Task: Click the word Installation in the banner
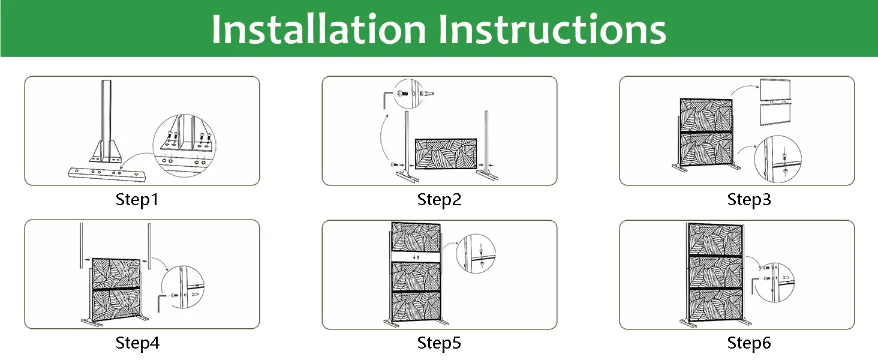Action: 318,29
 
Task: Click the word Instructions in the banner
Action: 552,29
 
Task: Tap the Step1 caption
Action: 137,200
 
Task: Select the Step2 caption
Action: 439,200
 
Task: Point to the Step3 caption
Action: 749,200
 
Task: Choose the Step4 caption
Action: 137,343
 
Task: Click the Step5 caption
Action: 439,343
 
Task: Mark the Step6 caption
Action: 749,343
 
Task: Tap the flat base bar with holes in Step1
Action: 107,174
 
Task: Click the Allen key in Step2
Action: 386,100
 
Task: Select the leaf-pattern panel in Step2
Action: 446,154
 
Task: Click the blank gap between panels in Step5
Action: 416,257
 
